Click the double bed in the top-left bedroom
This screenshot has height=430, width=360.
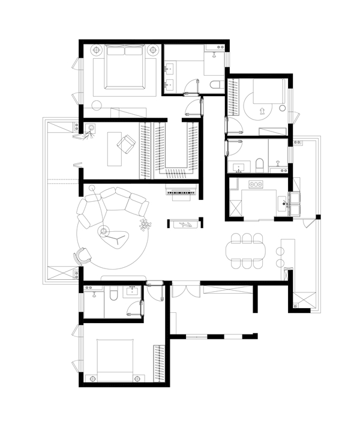(124, 68)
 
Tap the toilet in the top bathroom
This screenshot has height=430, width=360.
(215, 85)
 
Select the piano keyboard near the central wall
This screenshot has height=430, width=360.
(182, 192)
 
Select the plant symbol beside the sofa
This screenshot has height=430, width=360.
(145, 225)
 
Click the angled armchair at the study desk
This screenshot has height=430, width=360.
(127, 144)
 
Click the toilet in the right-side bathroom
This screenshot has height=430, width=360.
(259, 164)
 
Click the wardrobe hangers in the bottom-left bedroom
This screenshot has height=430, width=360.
(159, 364)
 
